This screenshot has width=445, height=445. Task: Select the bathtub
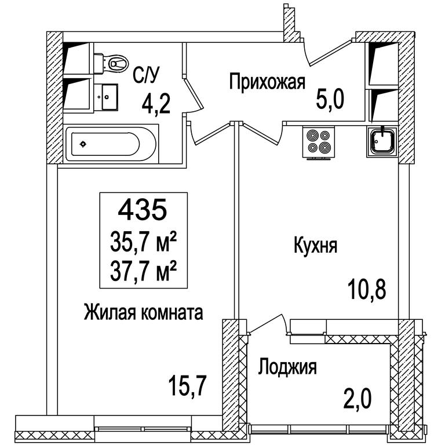111,144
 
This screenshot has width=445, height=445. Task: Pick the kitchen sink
382,141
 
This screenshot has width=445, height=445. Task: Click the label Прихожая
267,82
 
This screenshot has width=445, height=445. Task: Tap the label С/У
146,75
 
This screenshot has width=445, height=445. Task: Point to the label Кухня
315,246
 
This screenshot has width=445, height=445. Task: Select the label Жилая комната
143,312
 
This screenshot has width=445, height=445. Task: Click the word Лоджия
287,367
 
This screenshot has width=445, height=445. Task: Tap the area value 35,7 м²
143,242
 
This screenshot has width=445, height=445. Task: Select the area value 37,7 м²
143,271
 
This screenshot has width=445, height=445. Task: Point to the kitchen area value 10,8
368,290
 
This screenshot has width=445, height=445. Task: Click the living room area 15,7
187,386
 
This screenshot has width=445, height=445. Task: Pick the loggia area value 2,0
357,399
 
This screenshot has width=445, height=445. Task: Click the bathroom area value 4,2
156,104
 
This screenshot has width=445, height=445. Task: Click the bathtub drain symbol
83,144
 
